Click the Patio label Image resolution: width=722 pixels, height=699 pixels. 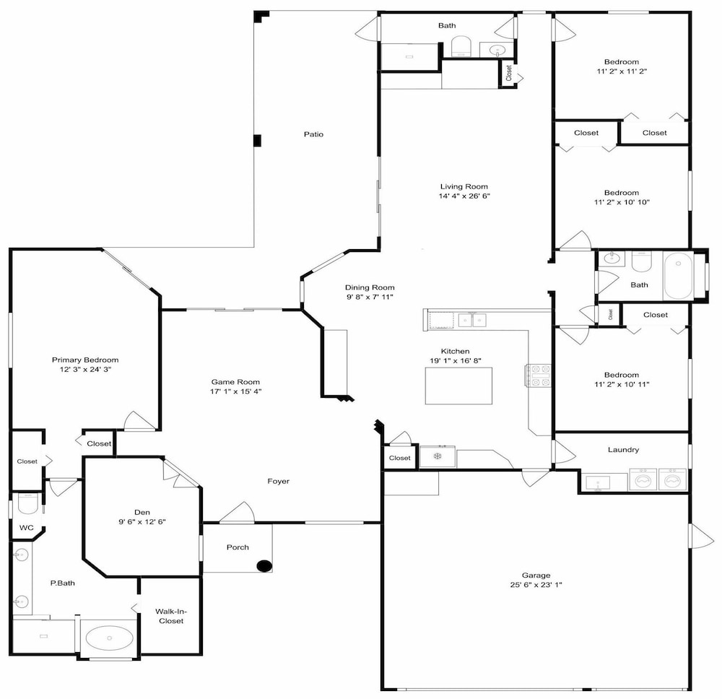coord(313,134)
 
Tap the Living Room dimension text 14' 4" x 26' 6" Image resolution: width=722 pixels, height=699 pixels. coord(464,196)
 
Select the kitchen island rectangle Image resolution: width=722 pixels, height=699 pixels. coord(458,386)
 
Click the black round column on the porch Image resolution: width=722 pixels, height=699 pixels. coord(264,566)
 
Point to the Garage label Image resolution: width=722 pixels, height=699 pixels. coord(536,575)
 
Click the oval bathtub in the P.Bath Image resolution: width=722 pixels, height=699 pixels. coord(109,638)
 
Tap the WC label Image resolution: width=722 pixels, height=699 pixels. coord(26,528)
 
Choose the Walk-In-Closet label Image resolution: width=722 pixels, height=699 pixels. coord(171,616)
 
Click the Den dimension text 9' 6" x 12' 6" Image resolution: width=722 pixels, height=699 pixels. coord(142,521)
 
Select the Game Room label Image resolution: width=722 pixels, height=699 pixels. coord(235,382)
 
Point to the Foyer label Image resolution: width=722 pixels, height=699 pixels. coord(279,481)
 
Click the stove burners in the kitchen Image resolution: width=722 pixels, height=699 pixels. coord(539,375)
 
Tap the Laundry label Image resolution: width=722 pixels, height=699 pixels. coord(623,450)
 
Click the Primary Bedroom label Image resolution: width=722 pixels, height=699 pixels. coord(85,360)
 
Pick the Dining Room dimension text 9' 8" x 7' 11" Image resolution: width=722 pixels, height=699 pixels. coord(370,297)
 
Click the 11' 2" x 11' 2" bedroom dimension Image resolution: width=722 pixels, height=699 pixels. coord(622,71)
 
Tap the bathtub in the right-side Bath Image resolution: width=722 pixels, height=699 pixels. coord(678,276)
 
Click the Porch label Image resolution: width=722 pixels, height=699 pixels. coord(238,547)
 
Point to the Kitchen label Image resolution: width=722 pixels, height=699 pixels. coord(455,352)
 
